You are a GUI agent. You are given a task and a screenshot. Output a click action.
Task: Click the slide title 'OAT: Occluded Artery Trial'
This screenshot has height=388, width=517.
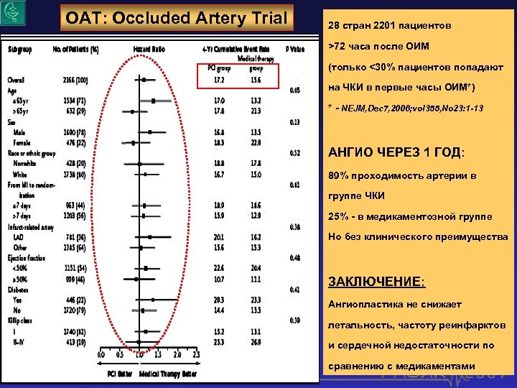176,18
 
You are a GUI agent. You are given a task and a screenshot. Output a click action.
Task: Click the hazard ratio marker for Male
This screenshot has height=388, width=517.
150,132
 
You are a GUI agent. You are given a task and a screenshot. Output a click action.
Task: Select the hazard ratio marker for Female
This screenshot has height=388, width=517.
134,143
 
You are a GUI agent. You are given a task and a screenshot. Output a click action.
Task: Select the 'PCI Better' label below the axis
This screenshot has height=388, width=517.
121,373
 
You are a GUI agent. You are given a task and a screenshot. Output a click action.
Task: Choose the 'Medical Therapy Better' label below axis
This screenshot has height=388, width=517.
169,373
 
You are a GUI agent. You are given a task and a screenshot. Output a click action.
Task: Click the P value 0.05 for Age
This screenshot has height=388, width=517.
294,91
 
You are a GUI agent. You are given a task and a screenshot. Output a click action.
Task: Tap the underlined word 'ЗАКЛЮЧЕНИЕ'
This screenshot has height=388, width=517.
363,282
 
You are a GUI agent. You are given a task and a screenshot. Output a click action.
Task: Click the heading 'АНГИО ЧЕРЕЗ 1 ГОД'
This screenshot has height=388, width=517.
396,154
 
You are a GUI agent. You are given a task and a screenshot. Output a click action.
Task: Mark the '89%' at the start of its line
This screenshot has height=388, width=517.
338,176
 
